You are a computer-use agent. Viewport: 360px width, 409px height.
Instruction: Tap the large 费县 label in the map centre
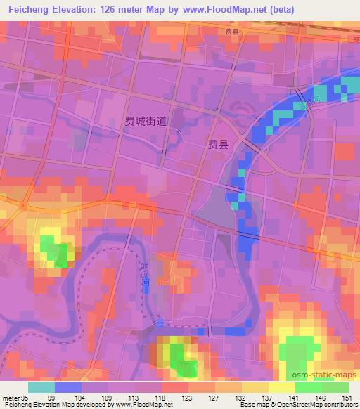click(218, 144)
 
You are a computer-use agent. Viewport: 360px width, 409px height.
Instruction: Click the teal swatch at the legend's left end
click(41, 387)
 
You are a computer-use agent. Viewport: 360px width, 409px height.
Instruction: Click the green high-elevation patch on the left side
click(55, 250)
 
